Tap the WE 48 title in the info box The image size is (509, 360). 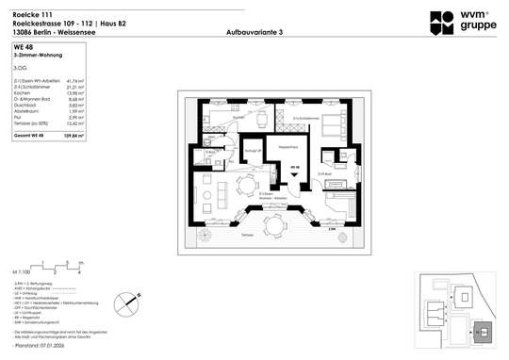[x=21, y=45]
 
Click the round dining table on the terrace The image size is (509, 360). [x=274, y=223]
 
